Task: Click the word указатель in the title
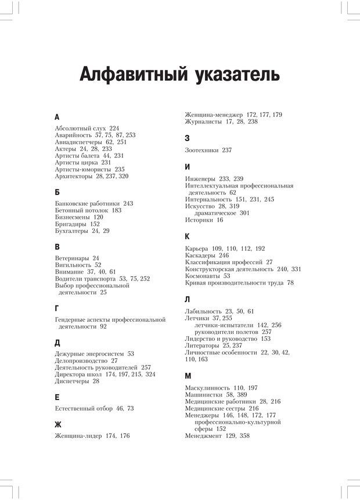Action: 239,75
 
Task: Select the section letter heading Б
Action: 57,192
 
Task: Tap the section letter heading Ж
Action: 58,425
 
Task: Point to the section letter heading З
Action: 187,138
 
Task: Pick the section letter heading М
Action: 188,376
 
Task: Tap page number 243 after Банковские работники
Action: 128,204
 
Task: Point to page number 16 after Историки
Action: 219,220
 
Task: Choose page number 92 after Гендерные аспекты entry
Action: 103,326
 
